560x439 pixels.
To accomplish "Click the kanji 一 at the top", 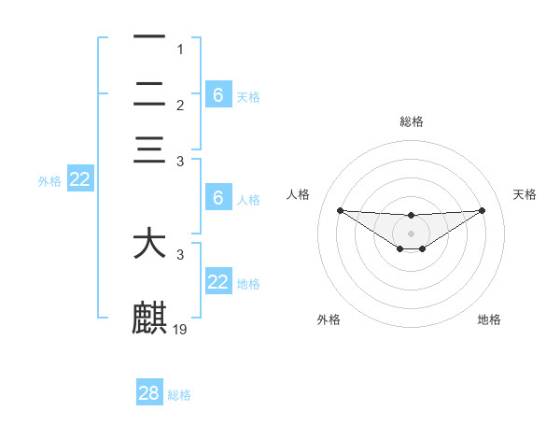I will (149, 38).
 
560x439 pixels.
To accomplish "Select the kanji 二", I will (149, 94).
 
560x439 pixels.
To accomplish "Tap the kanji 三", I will (149, 150).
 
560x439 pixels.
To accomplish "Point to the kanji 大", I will (149, 244).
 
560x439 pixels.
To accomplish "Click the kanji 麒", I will (149, 319).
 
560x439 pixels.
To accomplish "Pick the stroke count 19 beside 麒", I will (181, 329).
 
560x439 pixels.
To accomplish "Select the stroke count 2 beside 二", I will (181, 105).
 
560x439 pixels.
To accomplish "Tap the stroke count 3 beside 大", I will (181, 254).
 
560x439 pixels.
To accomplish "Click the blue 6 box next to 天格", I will (218, 94).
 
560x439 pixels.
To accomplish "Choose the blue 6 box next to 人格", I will (218, 197).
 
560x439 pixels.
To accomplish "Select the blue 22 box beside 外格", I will (79, 179).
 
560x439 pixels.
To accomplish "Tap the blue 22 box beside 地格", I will (218, 281).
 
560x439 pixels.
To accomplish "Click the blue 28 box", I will (149, 393).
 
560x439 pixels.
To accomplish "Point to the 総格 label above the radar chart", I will (412, 121).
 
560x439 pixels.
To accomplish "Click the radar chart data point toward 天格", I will (483, 210).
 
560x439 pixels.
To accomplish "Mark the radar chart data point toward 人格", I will (340, 210).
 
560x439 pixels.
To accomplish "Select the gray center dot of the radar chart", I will (412, 233).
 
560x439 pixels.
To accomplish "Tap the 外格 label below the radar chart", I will (329, 319).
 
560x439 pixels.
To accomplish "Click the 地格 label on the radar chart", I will (489, 319).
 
